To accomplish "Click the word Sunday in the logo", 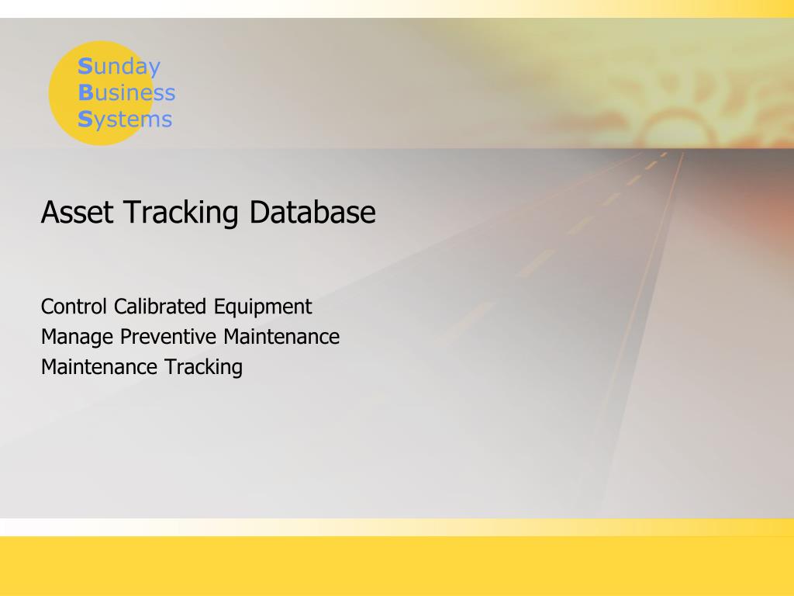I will click(119, 68).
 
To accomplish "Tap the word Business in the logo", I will click(126, 93).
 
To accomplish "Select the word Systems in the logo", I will click(125, 120).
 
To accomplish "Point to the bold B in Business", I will click(85, 93).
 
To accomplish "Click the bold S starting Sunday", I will click(85, 67).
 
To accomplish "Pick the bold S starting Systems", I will click(85, 120).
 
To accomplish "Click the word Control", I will click(74, 307).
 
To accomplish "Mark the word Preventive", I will click(168, 337).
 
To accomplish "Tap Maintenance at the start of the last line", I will click(89, 367).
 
